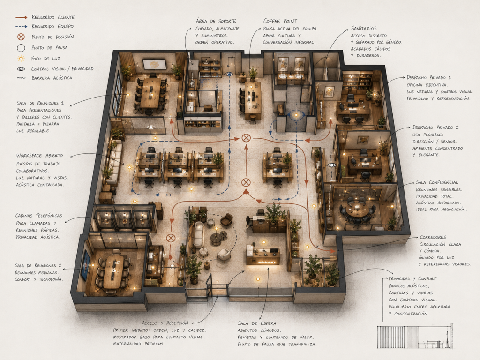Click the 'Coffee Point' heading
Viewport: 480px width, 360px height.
[x=280, y=21]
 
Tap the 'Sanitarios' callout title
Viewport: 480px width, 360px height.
[x=364, y=29]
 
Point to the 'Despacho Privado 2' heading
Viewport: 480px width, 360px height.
[x=435, y=127]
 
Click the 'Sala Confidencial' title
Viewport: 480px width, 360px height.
[x=437, y=182]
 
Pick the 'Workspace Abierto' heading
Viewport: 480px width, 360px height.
[x=39, y=156]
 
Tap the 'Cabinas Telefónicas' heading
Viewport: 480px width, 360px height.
[x=39, y=216]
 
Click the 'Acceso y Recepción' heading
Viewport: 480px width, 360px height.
[x=165, y=323]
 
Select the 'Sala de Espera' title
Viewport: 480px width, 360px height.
[x=257, y=323]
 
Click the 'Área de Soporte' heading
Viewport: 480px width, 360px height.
[x=216, y=21]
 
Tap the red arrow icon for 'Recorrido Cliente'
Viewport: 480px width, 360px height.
[x=22, y=17]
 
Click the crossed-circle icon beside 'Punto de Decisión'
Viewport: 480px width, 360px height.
[x=21, y=37]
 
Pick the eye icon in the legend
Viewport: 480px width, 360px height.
[x=21, y=69]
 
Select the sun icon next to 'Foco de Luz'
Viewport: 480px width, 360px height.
[x=21, y=59]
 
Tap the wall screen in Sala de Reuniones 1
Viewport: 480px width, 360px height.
[x=154, y=64]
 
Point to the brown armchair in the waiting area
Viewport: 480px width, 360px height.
[x=226, y=220]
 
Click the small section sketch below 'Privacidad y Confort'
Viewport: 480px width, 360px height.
[x=415, y=337]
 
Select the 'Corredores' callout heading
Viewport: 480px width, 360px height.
[x=433, y=237]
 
